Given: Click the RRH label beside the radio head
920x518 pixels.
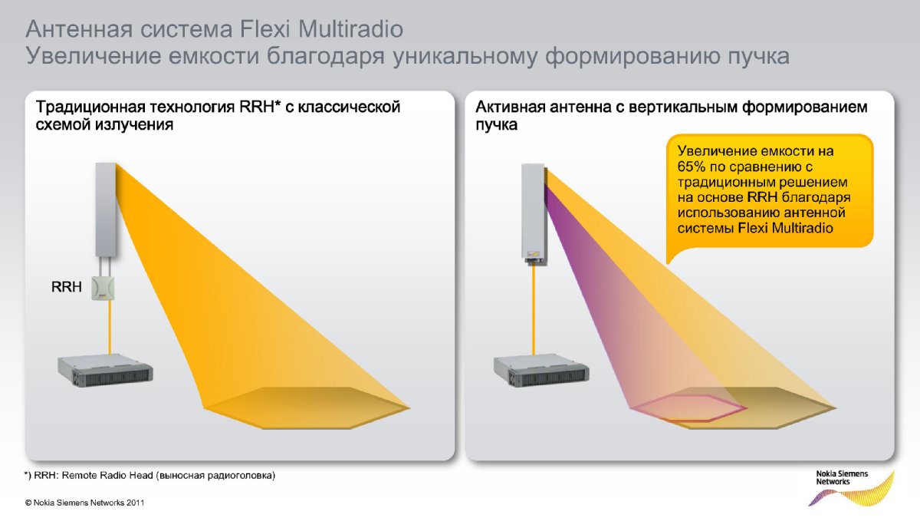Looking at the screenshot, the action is (x=67, y=286).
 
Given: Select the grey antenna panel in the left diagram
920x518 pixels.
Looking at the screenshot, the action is (x=106, y=210).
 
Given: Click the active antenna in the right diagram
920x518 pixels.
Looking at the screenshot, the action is (x=534, y=214).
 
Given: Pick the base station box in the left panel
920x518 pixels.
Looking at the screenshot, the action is (x=106, y=371).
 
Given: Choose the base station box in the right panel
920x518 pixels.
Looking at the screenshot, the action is (x=541, y=371).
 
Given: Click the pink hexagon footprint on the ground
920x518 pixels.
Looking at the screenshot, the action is (x=689, y=407).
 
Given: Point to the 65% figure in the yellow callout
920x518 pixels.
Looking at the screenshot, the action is (x=693, y=167).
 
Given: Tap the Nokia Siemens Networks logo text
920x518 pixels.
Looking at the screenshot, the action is (x=842, y=477).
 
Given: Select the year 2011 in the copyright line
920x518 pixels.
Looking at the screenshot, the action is (x=136, y=503).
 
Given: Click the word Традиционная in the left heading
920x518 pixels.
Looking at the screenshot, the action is (x=90, y=107).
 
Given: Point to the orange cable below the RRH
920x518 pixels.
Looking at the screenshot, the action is (x=110, y=326).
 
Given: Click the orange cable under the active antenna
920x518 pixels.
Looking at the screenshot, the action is (x=534, y=309).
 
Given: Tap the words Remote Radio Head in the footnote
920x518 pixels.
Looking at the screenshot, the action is (x=107, y=476).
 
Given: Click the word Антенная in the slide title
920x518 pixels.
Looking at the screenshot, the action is (x=79, y=29).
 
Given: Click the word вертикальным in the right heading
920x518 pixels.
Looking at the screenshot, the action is (x=681, y=107).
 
